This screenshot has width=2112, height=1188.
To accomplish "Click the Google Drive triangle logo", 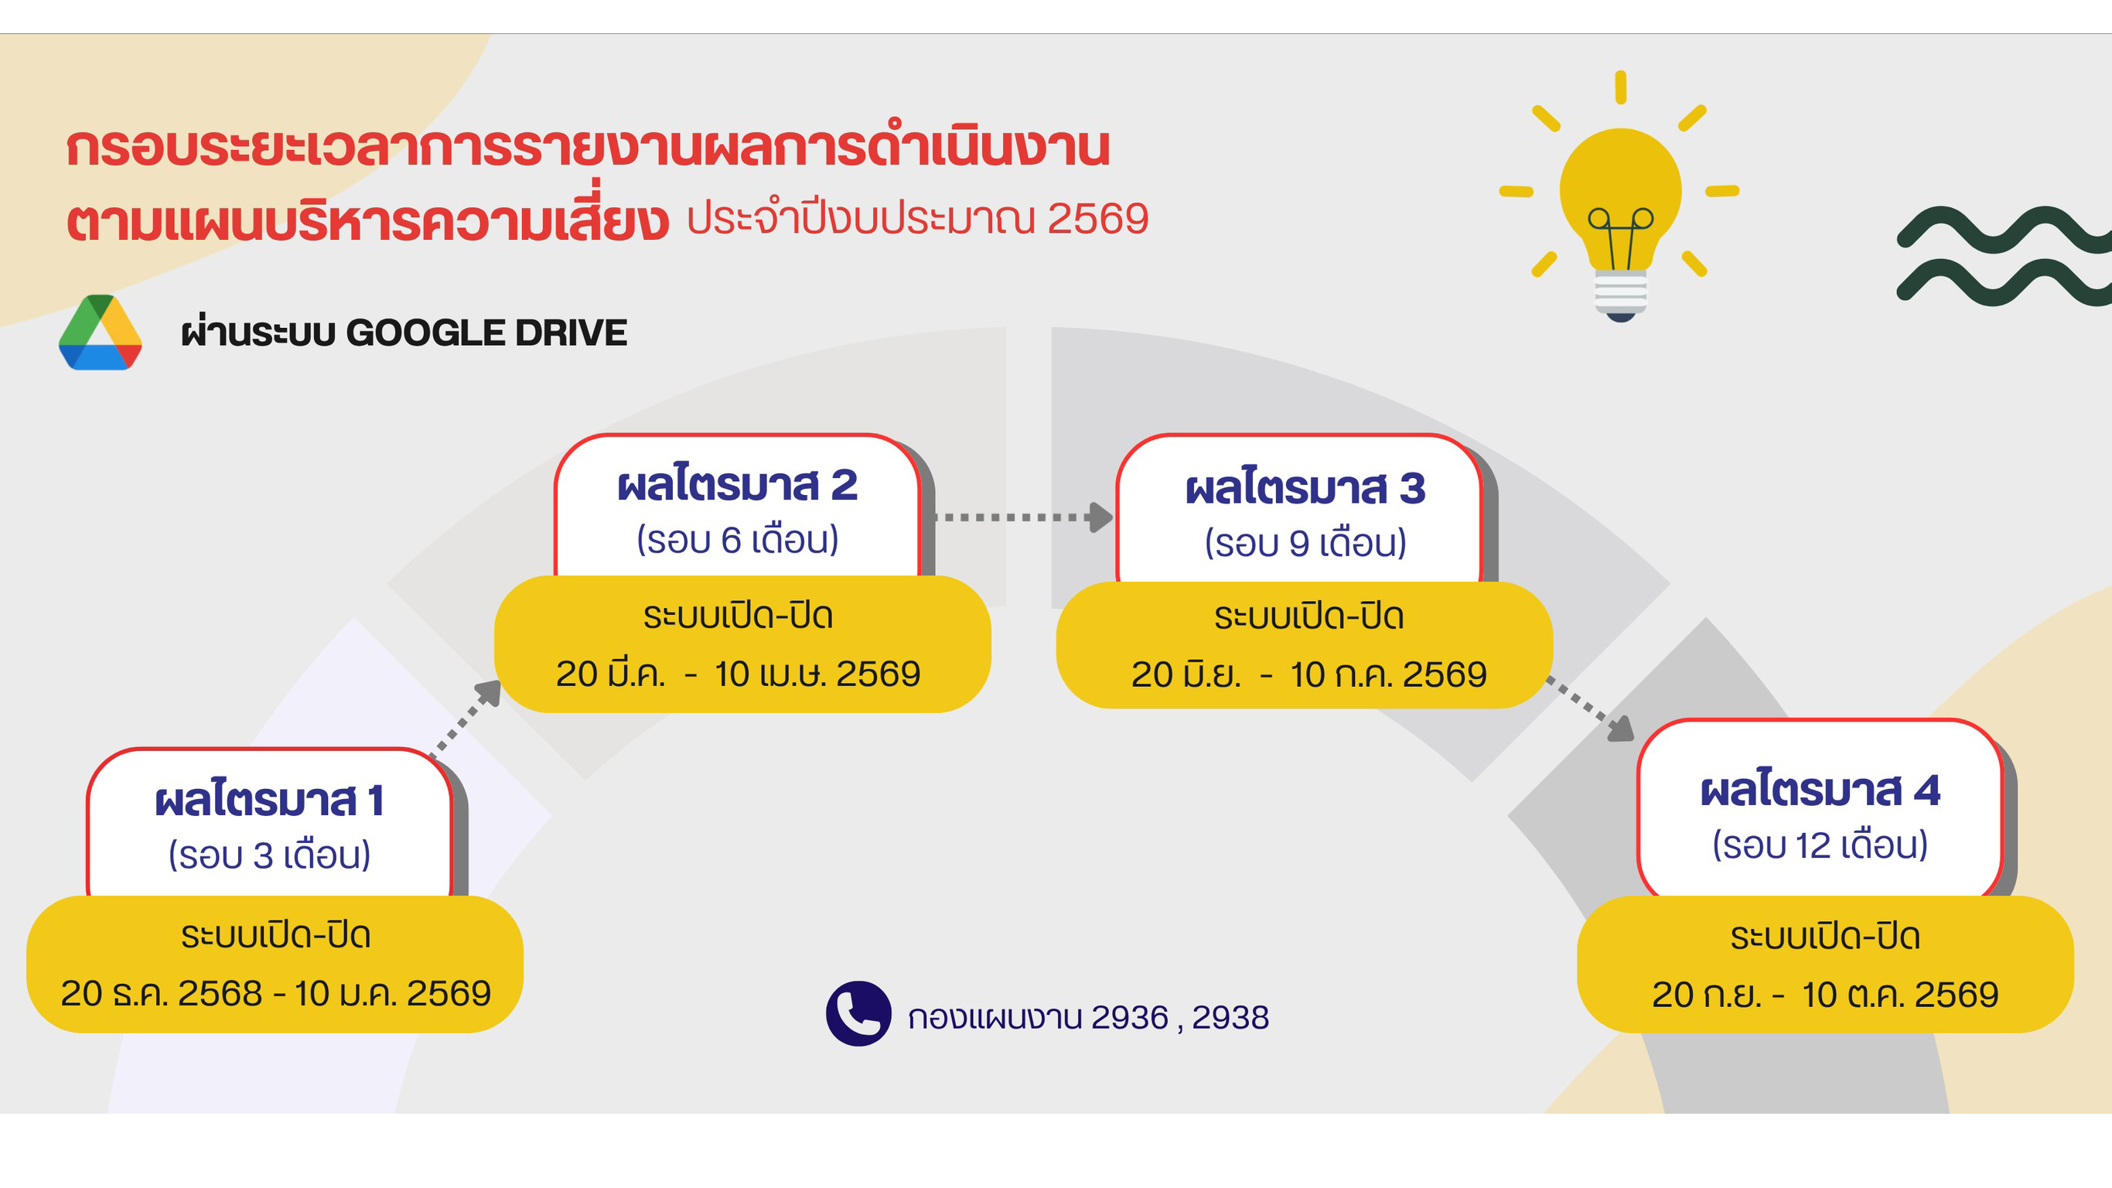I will (100, 333).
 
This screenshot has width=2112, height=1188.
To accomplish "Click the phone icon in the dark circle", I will (858, 1013).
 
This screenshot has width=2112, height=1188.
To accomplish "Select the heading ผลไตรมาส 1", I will (270, 801).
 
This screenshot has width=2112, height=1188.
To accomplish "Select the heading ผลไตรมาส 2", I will (737, 486).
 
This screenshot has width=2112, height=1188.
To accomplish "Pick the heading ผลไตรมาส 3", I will (1305, 489).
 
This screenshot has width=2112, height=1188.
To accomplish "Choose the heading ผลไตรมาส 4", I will (1820, 791).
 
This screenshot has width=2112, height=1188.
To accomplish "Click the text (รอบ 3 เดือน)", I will (270, 855).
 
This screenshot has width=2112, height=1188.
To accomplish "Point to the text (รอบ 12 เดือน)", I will (1820, 845).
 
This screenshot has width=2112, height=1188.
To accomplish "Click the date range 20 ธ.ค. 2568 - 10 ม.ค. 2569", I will (275, 994).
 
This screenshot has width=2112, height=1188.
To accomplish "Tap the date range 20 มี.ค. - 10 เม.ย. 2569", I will (738, 674).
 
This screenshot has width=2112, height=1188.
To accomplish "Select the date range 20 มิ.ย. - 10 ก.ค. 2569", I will (1308, 674).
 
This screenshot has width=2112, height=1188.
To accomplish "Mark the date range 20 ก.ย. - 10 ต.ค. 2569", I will (1825, 995).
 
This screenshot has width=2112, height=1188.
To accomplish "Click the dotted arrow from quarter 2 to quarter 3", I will (1022, 517).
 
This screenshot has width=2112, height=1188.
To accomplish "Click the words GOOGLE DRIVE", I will (486, 333).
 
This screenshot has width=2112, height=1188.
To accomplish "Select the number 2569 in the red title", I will (1098, 219).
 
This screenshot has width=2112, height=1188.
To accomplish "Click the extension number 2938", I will (1230, 1018).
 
